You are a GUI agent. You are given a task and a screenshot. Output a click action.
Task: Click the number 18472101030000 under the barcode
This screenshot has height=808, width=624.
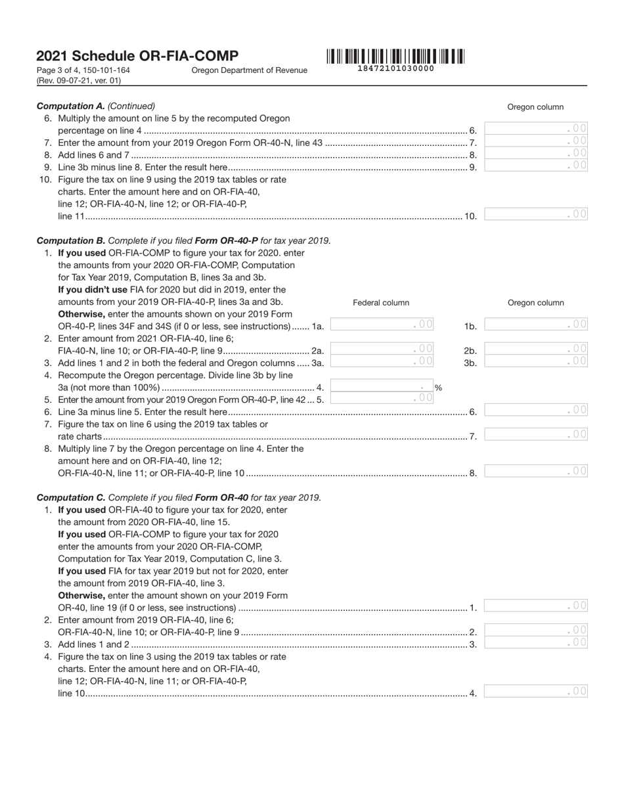tap(395, 68)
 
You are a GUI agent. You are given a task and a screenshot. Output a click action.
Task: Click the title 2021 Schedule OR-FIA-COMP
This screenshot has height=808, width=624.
tap(137, 56)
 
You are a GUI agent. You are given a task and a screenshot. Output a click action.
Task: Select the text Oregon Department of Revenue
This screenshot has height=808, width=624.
tap(249, 70)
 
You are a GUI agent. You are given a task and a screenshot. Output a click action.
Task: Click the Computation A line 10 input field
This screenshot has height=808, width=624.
tap(536, 214)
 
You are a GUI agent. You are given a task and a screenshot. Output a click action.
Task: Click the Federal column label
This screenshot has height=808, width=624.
tap(381, 303)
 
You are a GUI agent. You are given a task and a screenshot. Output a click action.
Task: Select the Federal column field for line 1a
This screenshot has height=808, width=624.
tap(382, 325)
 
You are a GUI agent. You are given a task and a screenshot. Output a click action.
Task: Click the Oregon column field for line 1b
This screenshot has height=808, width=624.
tap(536, 325)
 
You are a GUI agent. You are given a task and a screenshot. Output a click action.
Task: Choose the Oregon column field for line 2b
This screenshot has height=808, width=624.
tap(536, 349)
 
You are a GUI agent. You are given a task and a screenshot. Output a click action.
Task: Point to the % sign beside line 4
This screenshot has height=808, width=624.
tap(438, 388)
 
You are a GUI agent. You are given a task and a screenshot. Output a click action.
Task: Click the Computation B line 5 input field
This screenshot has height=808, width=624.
tap(382, 398)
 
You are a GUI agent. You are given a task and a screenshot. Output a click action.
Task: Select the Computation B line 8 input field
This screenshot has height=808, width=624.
tap(536, 471)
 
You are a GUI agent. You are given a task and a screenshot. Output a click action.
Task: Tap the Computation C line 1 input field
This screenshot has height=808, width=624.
tap(536, 606)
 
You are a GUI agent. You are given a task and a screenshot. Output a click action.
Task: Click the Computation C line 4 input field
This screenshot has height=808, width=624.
tap(536, 691)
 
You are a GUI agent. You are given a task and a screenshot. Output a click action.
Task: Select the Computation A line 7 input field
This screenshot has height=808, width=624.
tap(536, 141)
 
